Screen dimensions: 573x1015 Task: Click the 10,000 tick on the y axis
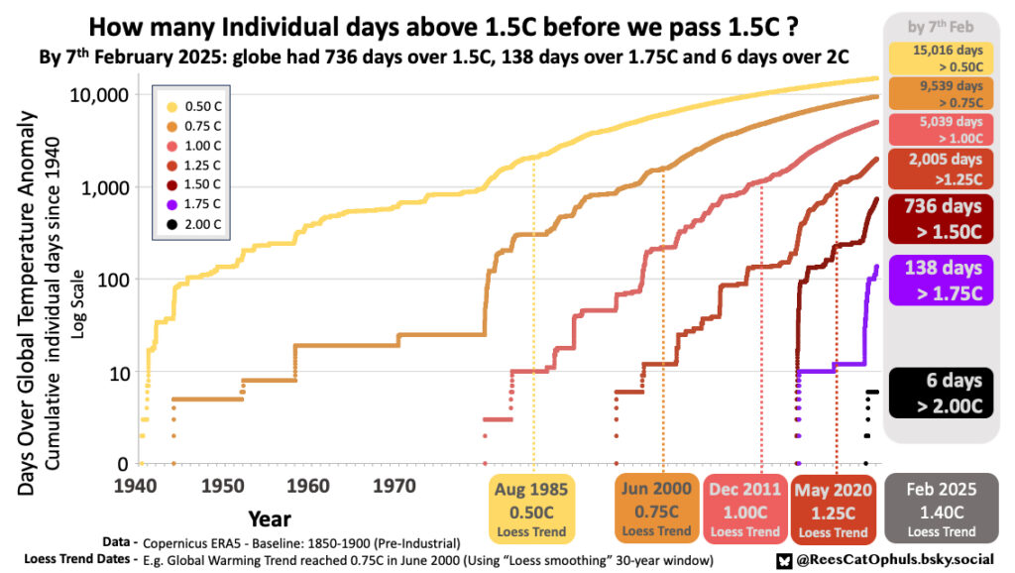point(98,94)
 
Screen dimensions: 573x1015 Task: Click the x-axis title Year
point(270,517)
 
